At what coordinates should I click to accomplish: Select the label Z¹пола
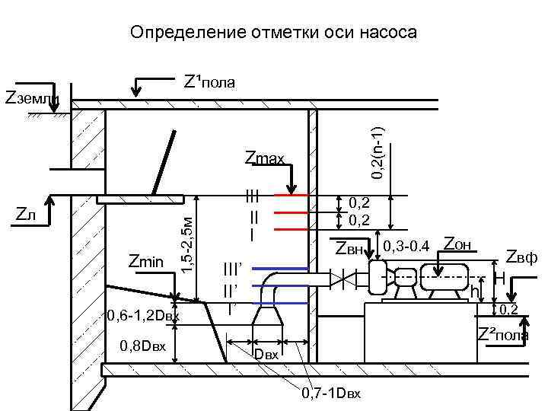coord(209,81)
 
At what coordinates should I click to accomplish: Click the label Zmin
coord(146,263)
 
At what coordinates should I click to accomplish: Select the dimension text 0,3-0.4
coord(407,246)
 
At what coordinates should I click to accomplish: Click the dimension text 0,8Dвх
coord(142,347)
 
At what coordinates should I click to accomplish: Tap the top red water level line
coord(290,195)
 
